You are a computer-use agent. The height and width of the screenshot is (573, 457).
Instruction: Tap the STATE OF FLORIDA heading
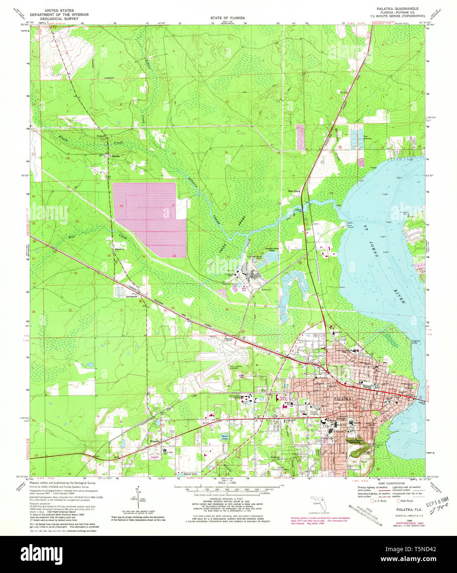228,18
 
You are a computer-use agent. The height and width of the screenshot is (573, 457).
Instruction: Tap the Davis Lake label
225,437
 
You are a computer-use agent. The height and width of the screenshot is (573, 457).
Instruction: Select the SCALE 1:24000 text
225,482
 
